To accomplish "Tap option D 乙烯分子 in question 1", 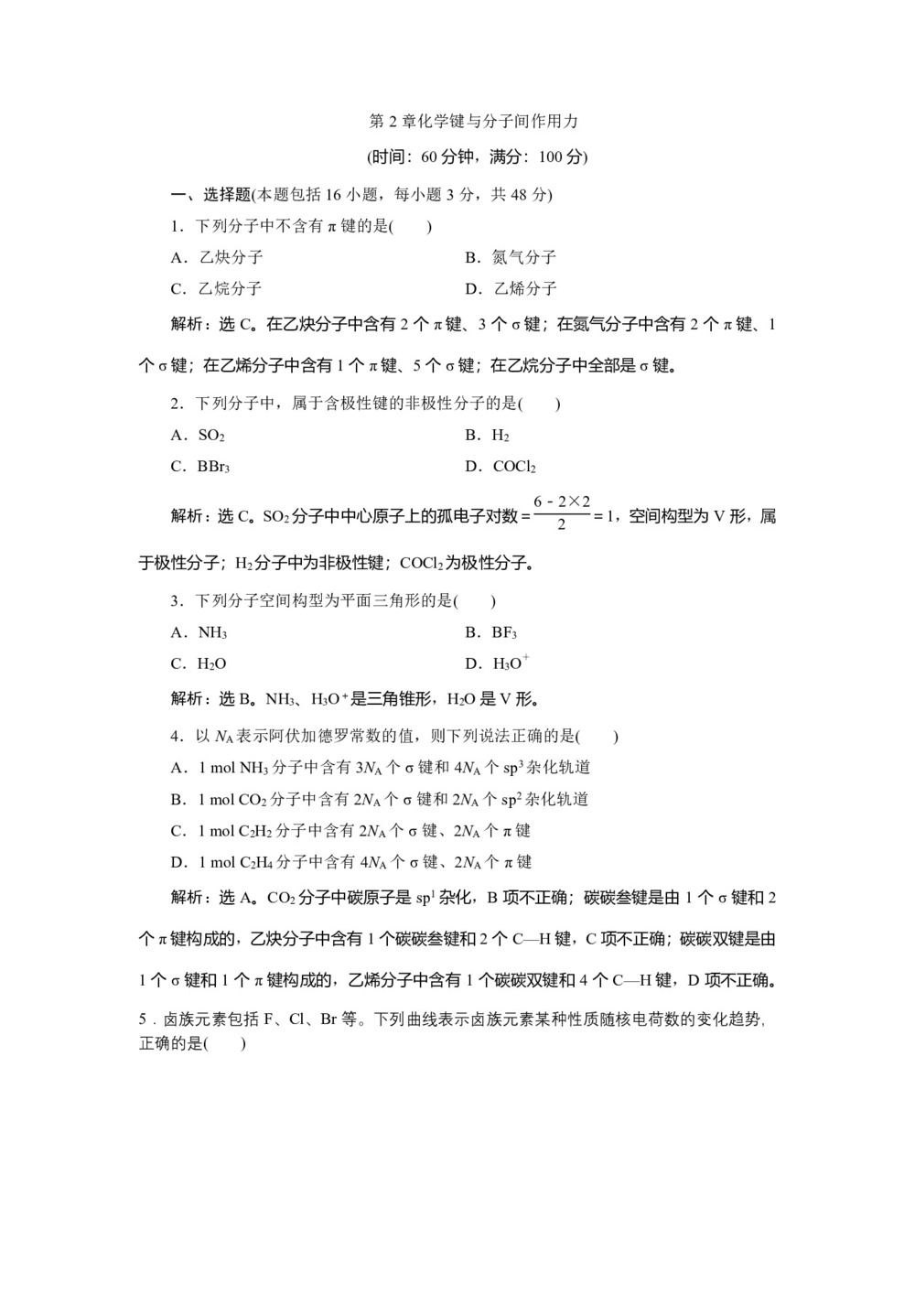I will coord(511,289).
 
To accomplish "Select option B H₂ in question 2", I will coord(501,436).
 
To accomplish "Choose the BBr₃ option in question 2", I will coord(213,467).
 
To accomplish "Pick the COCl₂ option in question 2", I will coord(513,467).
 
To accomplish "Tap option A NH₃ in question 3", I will coord(212,632).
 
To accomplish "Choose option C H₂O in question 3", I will coord(211,663).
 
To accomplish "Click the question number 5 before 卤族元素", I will coord(143,1019).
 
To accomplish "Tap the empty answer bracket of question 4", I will coord(598,736).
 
